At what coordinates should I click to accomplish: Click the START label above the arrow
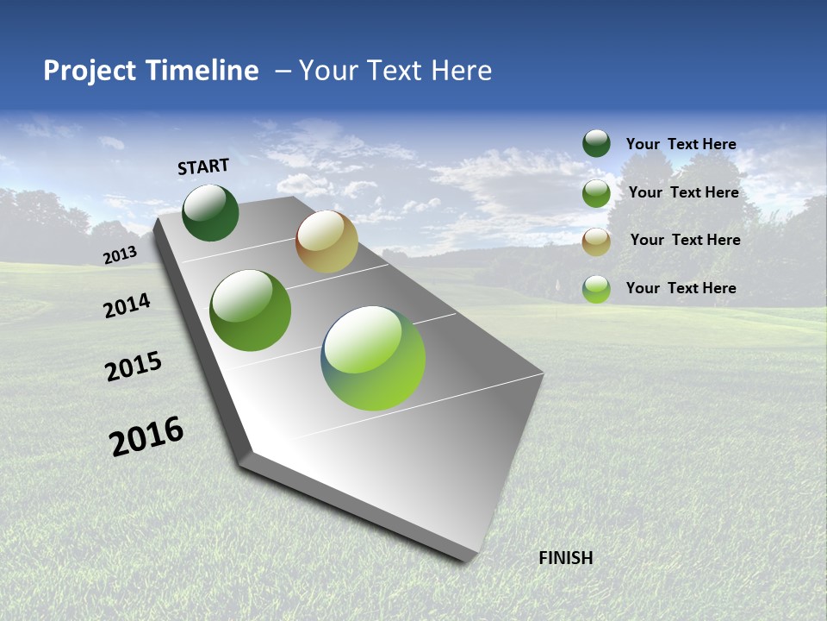point(203,166)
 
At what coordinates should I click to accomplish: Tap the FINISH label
point(565,558)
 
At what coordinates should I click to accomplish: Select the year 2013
point(120,255)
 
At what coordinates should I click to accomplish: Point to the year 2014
point(127,306)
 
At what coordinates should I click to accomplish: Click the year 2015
point(133,366)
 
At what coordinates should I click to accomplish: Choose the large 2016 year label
point(146,436)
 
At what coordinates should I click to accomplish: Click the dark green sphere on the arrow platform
point(210,212)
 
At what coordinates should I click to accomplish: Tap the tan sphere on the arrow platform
point(326,241)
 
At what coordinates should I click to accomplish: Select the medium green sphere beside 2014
point(251,310)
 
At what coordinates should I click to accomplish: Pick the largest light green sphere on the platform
point(373,357)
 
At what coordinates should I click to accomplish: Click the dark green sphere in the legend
point(596,143)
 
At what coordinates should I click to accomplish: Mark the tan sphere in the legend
point(596,241)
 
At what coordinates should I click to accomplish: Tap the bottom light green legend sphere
point(596,289)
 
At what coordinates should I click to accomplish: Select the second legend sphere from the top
point(596,193)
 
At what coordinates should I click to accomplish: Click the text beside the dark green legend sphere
point(681,144)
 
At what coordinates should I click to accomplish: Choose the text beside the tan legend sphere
point(685,240)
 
